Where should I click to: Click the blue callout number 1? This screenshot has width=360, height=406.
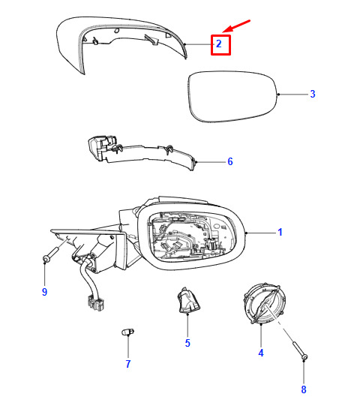(280, 232)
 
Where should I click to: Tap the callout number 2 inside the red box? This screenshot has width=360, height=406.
(219, 44)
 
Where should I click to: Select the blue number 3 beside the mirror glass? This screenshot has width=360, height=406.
(313, 94)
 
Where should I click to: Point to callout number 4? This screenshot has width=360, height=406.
(261, 353)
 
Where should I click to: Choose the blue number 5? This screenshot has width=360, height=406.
(187, 343)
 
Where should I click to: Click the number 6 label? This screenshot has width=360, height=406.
(230, 161)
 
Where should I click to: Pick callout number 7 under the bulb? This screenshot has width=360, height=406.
(128, 364)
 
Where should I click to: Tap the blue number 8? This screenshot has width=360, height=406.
(304, 389)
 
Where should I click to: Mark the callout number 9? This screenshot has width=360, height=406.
(44, 292)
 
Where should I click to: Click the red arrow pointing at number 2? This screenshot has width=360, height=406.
(236, 26)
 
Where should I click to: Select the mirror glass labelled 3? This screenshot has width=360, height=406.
(232, 96)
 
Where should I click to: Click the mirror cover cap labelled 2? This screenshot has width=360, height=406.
(121, 44)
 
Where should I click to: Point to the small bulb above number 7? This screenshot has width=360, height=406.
(127, 332)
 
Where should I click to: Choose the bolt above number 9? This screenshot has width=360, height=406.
(51, 254)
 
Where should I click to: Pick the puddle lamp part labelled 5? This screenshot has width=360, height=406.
(188, 300)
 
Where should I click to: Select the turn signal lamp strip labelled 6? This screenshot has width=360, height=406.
(141, 153)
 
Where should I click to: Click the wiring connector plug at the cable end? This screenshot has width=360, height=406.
(96, 303)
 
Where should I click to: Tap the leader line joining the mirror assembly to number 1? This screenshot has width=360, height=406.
(261, 233)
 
